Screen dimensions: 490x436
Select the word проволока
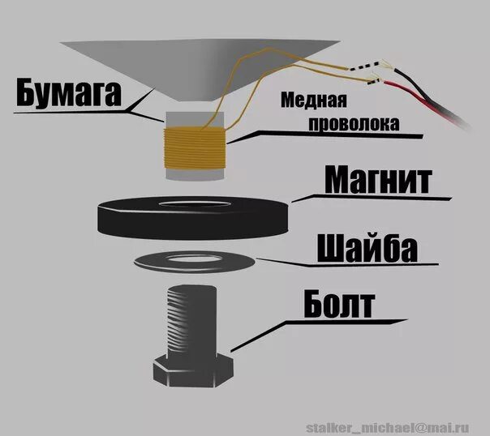341,125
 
